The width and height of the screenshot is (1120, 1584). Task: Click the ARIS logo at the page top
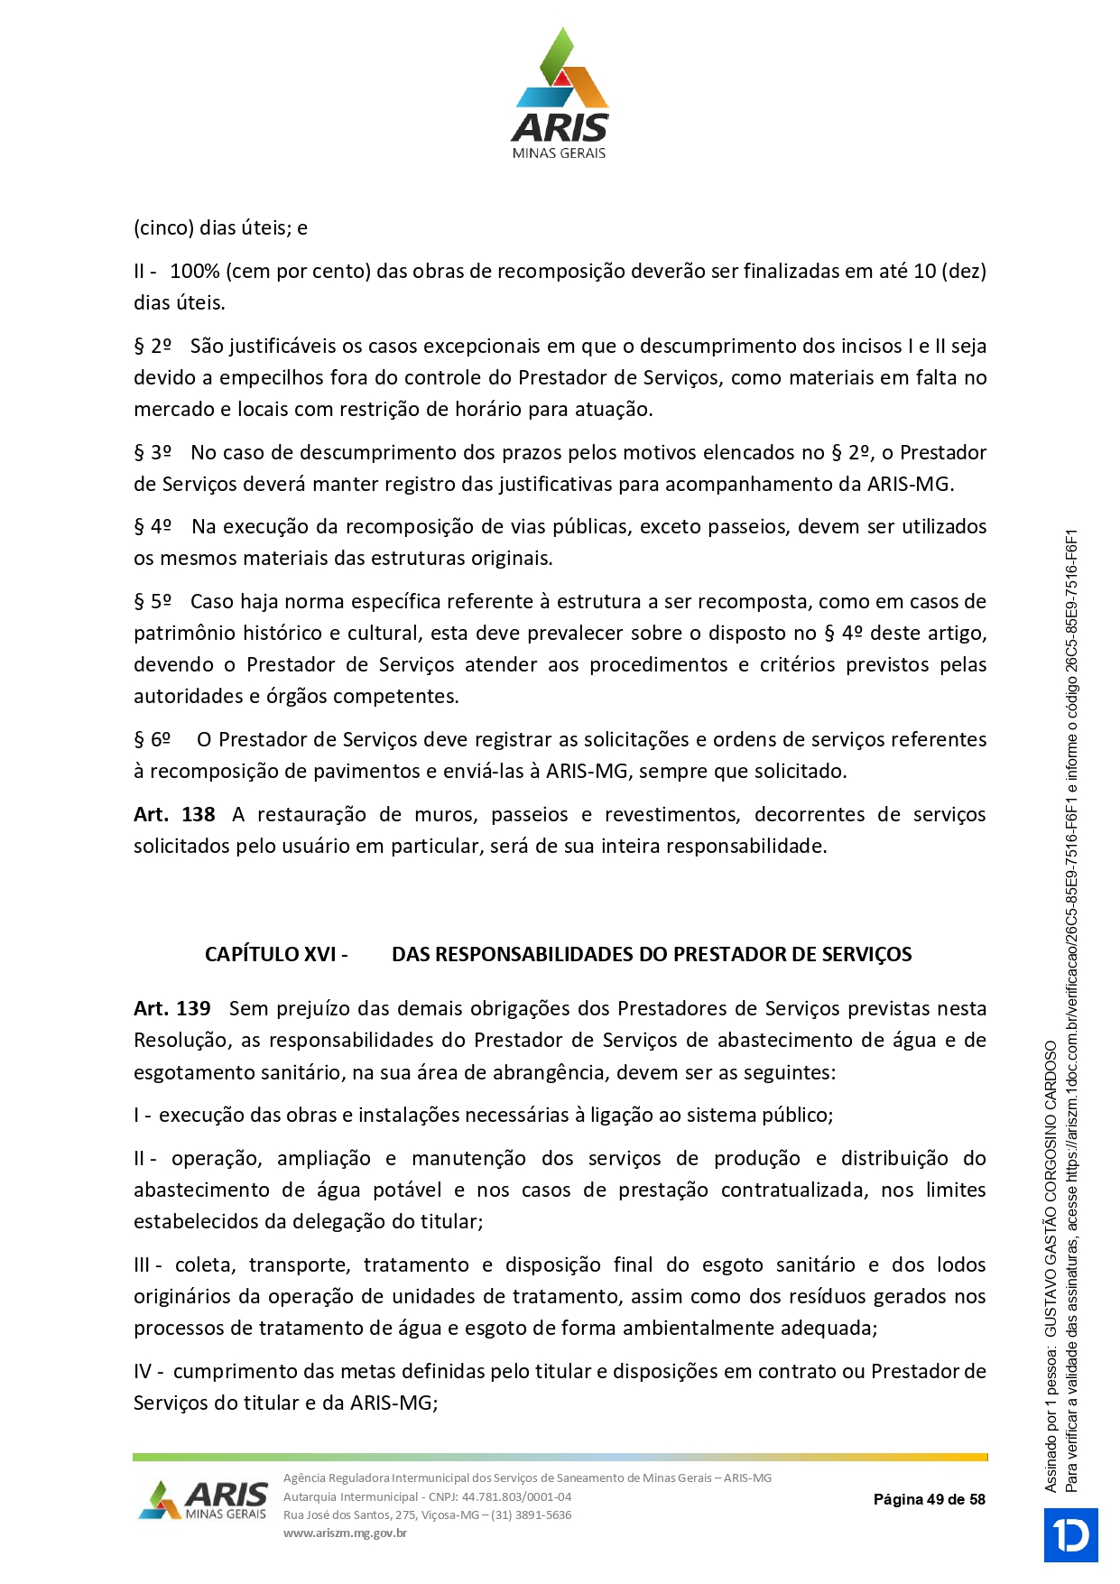click(x=560, y=94)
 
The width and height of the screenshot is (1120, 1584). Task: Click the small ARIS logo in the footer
click(x=204, y=1500)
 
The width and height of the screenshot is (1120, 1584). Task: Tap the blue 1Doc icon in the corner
click(x=1070, y=1534)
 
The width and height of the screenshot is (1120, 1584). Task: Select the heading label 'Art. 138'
click(x=174, y=814)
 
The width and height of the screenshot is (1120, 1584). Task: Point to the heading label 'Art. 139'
click(x=172, y=1008)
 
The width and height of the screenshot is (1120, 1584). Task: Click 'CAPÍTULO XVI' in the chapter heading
click(x=270, y=954)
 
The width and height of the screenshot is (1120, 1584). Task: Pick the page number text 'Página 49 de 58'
click(x=929, y=1499)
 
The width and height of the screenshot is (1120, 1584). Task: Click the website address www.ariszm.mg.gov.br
click(x=345, y=1533)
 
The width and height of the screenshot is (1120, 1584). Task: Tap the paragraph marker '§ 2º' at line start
click(x=153, y=346)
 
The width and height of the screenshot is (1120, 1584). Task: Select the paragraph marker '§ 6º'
click(x=153, y=739)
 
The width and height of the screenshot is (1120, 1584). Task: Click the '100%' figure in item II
click(x=194, y=271)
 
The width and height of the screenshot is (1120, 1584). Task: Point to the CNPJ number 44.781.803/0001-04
click(x=516, y=1496)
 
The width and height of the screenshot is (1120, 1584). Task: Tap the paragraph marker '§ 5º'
click(x=153, y=601)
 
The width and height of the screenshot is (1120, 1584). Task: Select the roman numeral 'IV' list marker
click(x=143, y=1371)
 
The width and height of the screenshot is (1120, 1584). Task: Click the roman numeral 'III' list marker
click(x=143, y=1264)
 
